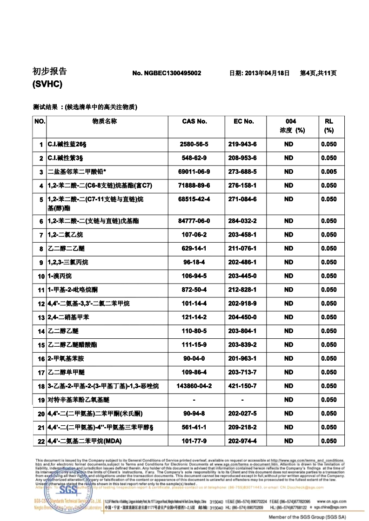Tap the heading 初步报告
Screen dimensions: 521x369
coord(49,71)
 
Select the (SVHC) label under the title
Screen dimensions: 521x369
coord(47,85)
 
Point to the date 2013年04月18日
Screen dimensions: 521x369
coord(260,73)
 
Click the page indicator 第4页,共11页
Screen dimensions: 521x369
coord(318,73)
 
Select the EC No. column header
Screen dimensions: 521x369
coord(243,121)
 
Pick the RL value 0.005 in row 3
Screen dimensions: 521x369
coord(329,171)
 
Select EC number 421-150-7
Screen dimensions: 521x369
coord(242,386)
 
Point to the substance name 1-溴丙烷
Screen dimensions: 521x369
coord(60,276)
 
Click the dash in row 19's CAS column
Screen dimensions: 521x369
coord(194,400)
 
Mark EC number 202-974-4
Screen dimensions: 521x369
coord(242,441)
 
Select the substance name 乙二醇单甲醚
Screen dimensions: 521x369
coord(67,372)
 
